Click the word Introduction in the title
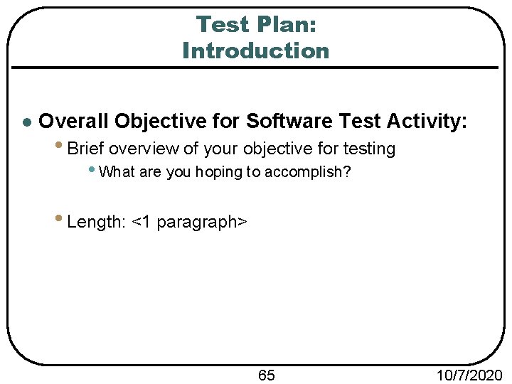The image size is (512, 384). click(256, 51)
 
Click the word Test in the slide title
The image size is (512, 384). click(220, 24)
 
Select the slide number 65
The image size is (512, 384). click(267, 375)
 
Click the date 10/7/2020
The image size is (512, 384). click(470, 375)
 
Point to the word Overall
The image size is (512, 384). click(73, 121)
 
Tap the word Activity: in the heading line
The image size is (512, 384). click(427, 121)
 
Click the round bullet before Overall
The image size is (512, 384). click(26, 122)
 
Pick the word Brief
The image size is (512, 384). click(86, 149)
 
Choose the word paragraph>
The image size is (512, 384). click(202, 223)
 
